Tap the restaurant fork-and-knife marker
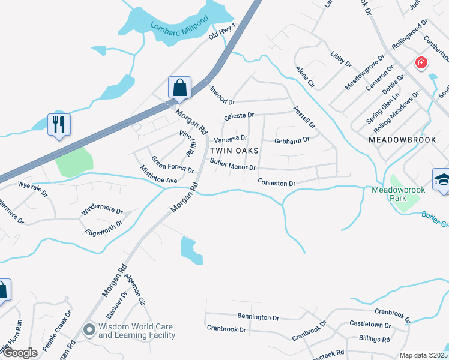tap(59, 125)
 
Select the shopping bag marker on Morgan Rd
tap(180, 88)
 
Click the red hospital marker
tap(421, 62)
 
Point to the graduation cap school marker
tap(442, 179)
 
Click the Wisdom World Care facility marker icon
tap(89, 330)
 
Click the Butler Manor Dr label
tap(233, 164)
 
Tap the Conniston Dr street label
tap(277, 182)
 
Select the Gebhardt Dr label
tap(291, 140)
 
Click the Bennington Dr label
tap(258, 316)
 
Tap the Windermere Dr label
tap(103, 212)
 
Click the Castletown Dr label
tap(370, 325)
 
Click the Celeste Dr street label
tap(239, 115)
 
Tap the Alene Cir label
tap(305, 77)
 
